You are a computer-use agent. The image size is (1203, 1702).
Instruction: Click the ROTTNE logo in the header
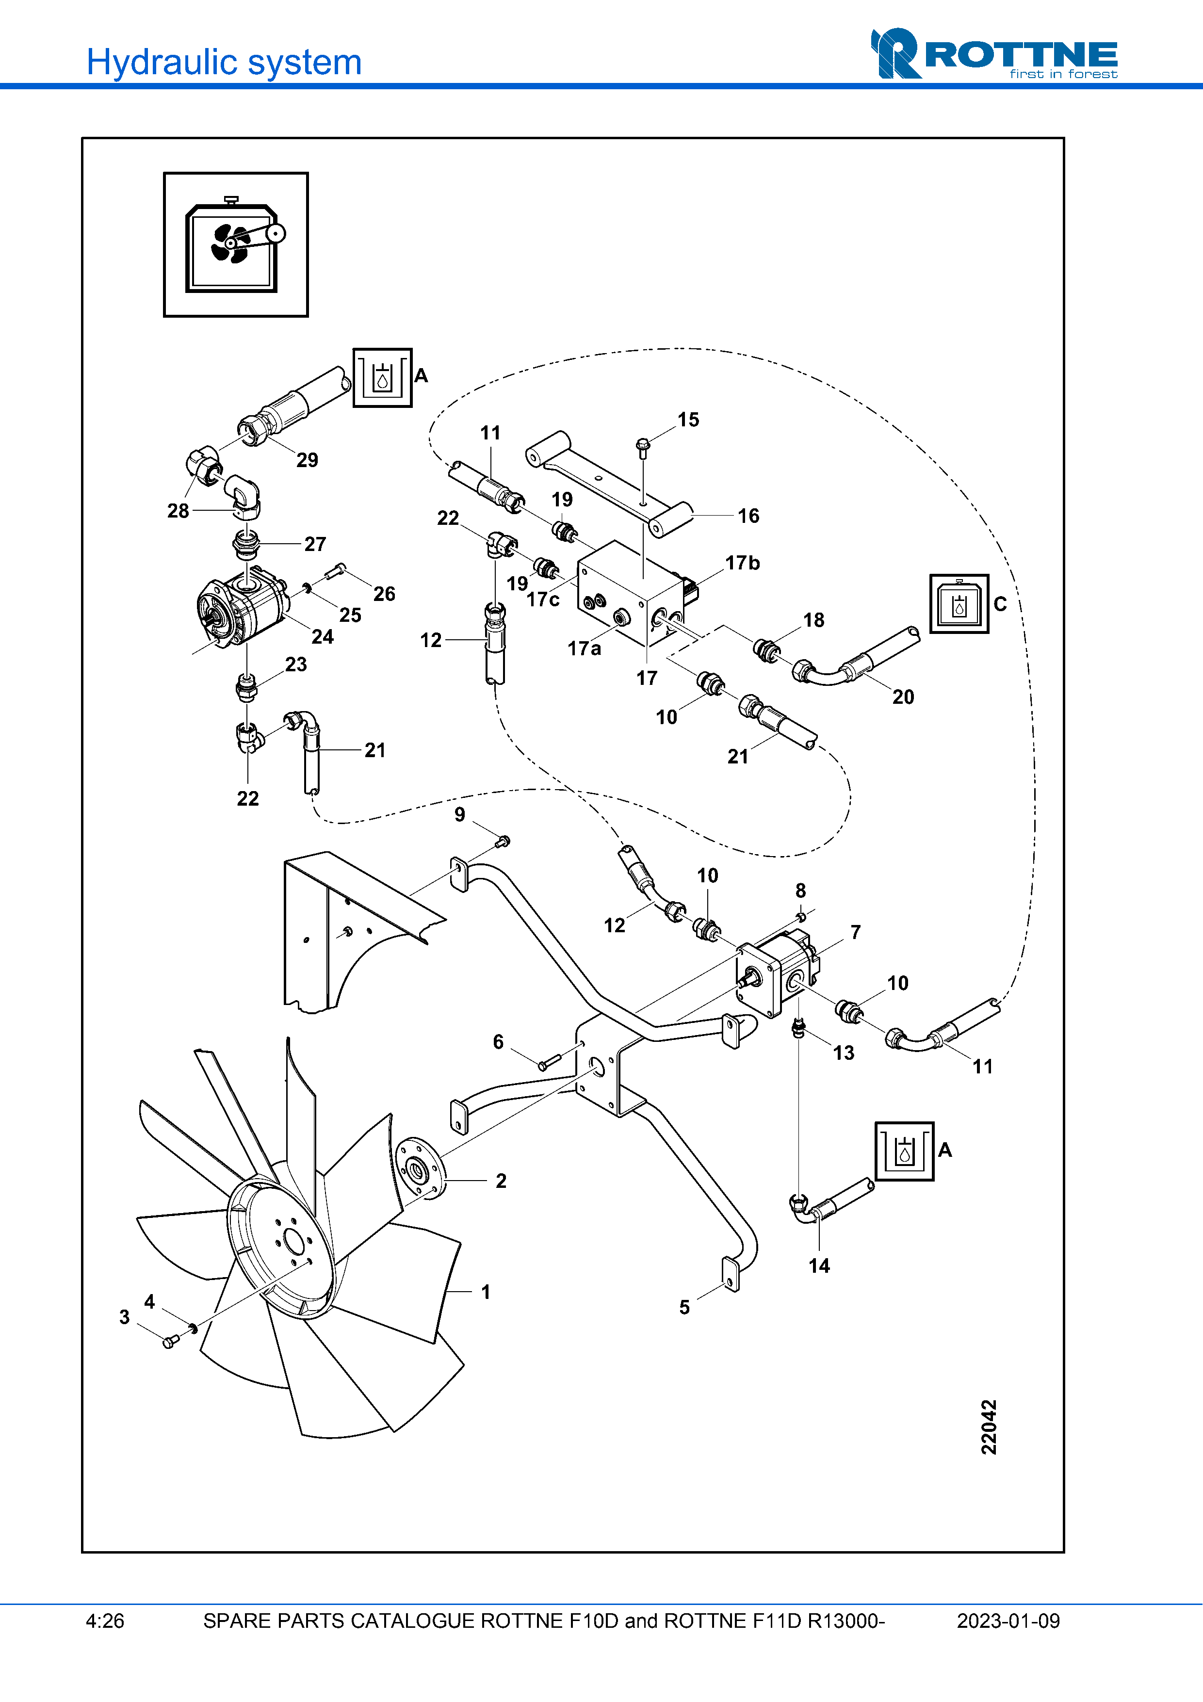tap(993, 54)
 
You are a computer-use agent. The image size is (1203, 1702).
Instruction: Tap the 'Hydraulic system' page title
tap(224, 62)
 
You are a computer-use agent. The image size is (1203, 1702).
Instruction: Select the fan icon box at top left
tap(236, 244)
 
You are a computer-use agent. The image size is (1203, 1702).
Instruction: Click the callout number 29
tap(307, 460)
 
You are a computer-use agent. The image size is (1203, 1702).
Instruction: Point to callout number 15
tap(688, 420)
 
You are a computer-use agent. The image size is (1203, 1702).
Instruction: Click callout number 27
tap(315, 544)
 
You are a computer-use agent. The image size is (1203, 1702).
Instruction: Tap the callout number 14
tap(819, 1265)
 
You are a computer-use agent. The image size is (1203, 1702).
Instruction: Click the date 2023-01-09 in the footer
tap(1008, 1621)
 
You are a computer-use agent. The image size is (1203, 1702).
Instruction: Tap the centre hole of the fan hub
tap(293, 1239)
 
